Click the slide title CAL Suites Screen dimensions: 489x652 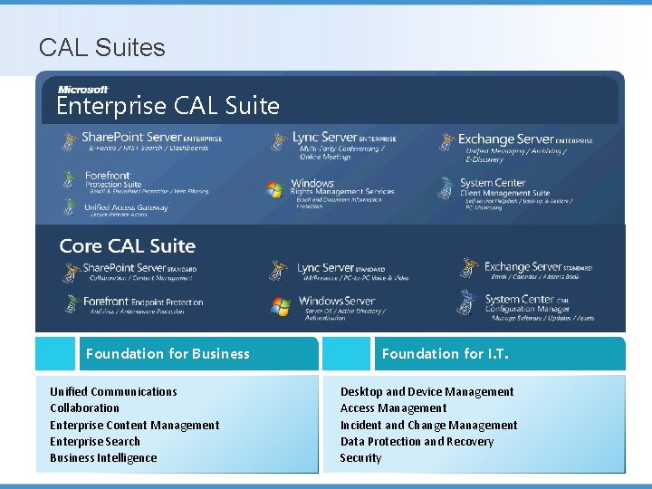[102, 47]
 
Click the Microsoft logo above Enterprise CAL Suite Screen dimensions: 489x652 [83, 89]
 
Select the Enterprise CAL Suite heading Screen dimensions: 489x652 [168, 106]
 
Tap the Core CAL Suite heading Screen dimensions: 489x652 [127, 246]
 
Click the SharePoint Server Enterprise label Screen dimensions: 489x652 [151, 138]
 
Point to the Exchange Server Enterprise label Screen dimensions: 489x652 [525, 139]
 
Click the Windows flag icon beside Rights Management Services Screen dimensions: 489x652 [275, 189]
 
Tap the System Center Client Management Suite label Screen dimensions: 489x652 [504, 187]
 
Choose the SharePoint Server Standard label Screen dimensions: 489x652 [139, 268]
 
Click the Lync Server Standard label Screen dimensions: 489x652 [340, 268]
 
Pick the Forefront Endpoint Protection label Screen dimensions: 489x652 [143, 302]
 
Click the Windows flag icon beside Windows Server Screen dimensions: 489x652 [280, 306]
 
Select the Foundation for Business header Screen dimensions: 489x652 [168, 354]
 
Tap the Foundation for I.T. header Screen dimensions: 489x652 [446, 354]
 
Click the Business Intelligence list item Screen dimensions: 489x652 [103, 458]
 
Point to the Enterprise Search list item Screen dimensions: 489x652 [95, 442]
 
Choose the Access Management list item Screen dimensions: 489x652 [393, 408]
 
